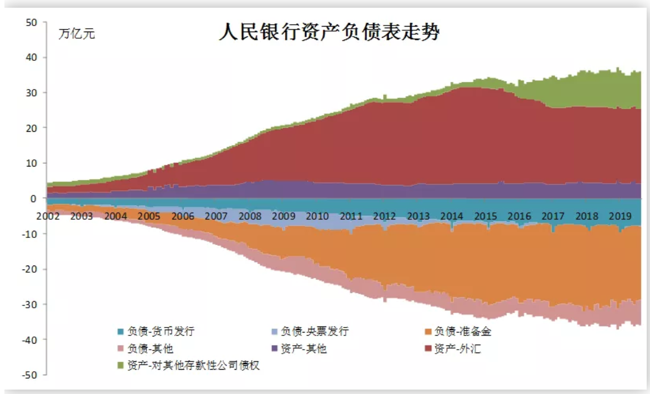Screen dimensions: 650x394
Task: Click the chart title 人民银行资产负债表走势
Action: click(329, 32)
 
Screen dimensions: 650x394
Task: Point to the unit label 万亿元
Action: click(77, 34)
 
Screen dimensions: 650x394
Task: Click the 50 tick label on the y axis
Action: click(32, 22)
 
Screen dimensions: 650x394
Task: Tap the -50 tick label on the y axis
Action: click(29, 375)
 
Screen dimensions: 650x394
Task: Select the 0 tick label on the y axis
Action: click(33, 199)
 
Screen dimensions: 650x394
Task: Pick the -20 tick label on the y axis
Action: click(29, 269)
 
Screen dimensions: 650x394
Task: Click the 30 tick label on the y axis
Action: click(32, 93)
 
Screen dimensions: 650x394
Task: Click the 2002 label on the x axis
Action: click(48, 216)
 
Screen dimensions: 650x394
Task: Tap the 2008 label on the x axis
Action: click(250, 216)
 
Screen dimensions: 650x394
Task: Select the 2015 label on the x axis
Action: click(486, 216)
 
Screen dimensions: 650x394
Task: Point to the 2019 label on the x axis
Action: click(620, 216)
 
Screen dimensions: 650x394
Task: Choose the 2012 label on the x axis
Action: click(384, 216)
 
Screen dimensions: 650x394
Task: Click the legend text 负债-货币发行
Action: click(161, 331)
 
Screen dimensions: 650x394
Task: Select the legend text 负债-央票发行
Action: click(314, 331)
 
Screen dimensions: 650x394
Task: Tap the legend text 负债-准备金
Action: click(463, 331)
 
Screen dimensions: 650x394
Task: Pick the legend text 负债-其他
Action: click(150, 349)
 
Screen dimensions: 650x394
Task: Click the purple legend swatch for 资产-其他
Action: click(274, 349)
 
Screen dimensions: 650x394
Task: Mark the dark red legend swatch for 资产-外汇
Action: click(428, 349)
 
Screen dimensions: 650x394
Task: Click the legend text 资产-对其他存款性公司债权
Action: click(194, 365)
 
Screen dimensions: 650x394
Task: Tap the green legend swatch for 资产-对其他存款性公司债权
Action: click(121, 365)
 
